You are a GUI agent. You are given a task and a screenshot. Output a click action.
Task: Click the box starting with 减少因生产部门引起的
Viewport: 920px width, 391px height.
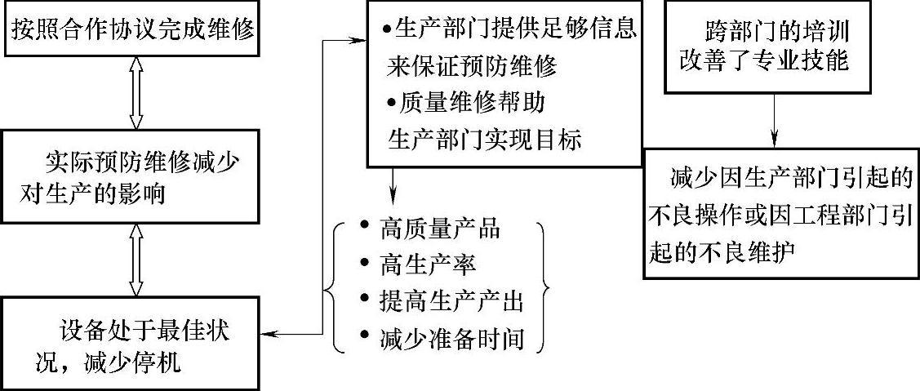coord(782,213)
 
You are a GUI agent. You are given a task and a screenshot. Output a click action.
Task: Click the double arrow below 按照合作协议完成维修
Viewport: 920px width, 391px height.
coord(136,97)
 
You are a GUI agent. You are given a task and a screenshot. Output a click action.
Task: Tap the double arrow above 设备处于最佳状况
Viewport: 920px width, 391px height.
coord(136,260)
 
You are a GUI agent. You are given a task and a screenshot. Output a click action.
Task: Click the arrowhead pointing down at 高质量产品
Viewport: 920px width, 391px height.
coord(393,197)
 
